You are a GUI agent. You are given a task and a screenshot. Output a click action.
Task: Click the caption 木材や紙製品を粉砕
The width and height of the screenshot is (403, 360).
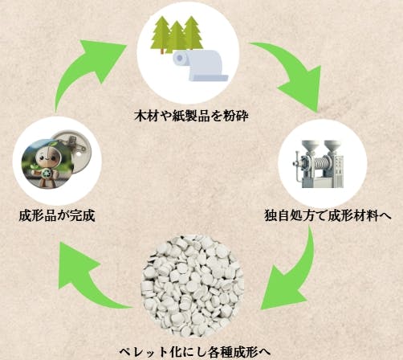191,116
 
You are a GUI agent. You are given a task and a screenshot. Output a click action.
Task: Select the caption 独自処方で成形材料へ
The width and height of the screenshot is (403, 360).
328,215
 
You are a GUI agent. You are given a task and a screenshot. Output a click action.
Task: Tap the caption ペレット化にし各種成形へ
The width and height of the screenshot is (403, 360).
194,352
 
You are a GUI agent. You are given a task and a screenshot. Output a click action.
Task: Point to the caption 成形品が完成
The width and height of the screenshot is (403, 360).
57,215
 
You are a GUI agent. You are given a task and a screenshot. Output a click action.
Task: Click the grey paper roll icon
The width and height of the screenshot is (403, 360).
200,65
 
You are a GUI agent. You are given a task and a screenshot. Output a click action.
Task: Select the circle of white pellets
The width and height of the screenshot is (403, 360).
192,286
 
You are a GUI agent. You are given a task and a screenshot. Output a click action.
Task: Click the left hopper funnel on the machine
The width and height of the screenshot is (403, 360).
308,147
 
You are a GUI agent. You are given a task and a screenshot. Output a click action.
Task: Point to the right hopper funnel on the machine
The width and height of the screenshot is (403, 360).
331,147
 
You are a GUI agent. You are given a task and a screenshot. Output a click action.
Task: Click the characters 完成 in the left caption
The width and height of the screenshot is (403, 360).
83,215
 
